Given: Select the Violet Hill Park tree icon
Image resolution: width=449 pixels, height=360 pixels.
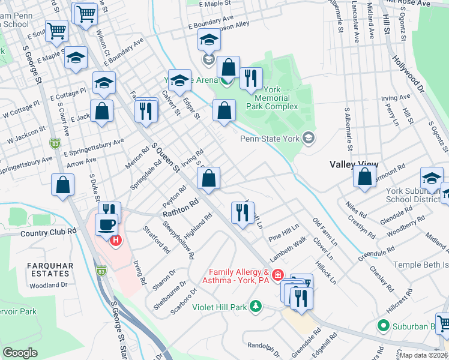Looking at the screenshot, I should [x=256, y=307].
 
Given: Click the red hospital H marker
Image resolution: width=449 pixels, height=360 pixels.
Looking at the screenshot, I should [x=115, y=241].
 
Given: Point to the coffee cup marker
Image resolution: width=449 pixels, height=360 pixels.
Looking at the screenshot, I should [x=106, y=225].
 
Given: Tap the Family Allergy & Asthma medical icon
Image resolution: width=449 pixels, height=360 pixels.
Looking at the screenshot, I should [x=277, y=276].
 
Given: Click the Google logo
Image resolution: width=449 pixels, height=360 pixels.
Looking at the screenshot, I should [x=20, y=353].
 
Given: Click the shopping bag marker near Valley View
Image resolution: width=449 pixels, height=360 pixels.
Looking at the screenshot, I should [x=364, y=176].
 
